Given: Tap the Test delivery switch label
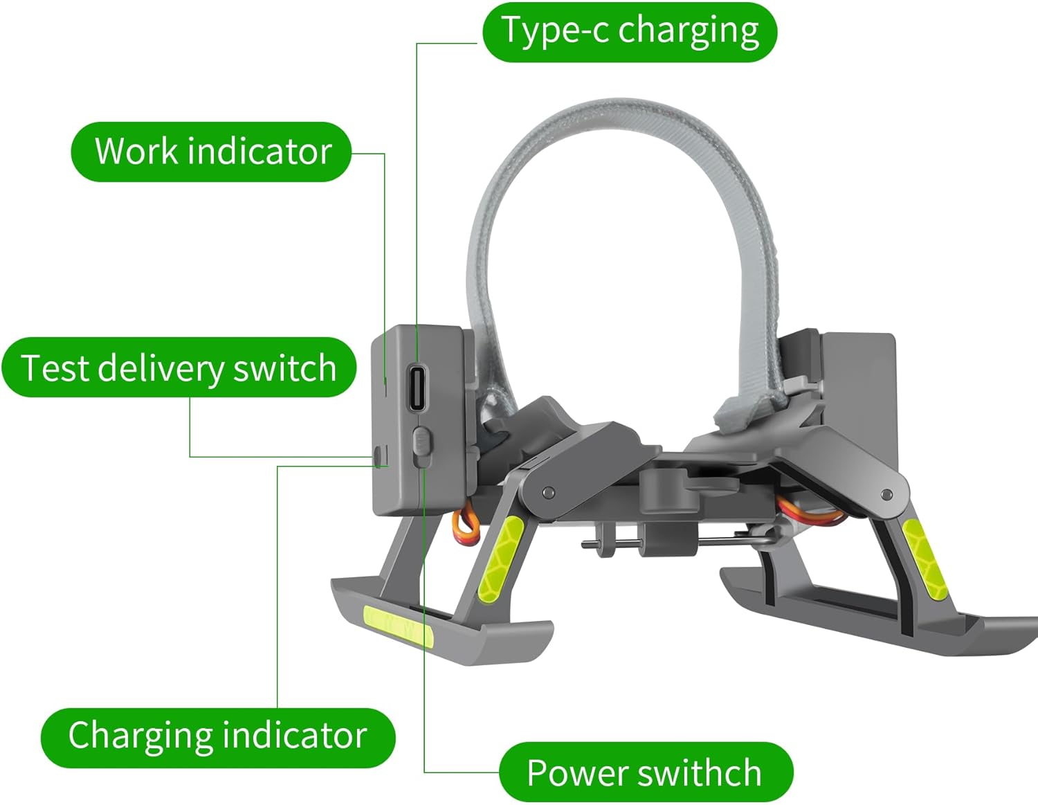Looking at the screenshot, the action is pyautogui.click(x=179, y=368).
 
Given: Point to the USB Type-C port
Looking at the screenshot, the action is pyautogui.click(x=417, y=387).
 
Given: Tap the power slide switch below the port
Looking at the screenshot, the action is pyautogui.click(x=421, y=446).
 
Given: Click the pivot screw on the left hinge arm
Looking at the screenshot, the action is pyautogui.click(x=549, y=491).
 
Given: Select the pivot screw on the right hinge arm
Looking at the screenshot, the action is pyautogui.click(x=886, y=494).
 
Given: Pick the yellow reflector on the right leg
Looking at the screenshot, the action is pyautogui.click(x=925, y=558).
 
